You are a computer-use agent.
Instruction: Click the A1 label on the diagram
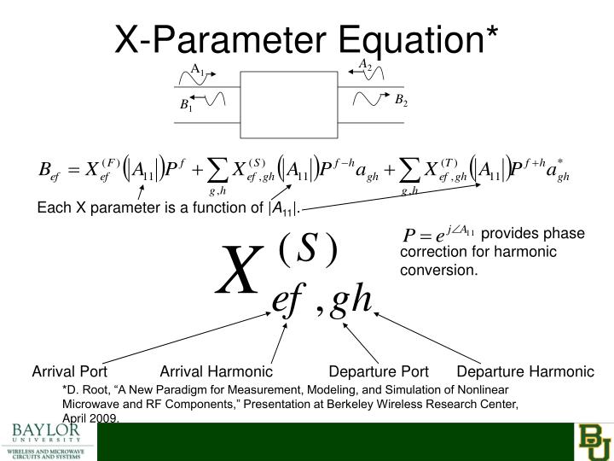[x=197, y=69]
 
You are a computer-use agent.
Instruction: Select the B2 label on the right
[x=401, y=101]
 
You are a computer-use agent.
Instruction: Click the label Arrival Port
[x=70, y=372]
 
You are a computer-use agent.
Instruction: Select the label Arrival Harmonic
[x=217, y=372]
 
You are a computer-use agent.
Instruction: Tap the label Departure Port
[x=379, y=372]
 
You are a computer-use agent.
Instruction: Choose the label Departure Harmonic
[x=524, y=372]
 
